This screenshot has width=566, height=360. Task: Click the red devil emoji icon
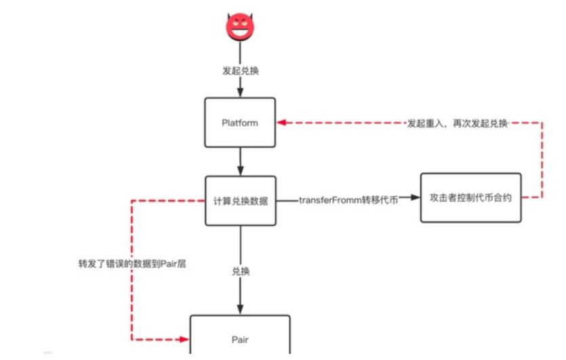pos(239,26)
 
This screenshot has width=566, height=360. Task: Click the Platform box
pos(240,123)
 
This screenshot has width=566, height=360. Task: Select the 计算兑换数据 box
pos(240,201)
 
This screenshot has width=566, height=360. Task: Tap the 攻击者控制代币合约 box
pos(470,198)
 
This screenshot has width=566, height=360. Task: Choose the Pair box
pos(240,336)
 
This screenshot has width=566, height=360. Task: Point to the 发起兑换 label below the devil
pos(240,70)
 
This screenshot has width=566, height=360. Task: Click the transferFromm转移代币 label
pos(348,200)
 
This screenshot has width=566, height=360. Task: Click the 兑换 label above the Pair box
pos(241,271)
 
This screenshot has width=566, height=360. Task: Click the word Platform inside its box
pos(240,123)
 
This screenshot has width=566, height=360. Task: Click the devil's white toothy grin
pos(239,31)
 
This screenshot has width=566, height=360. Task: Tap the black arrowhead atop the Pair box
pos(240,311)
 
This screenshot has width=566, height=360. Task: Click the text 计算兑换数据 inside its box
pos(240,201)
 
